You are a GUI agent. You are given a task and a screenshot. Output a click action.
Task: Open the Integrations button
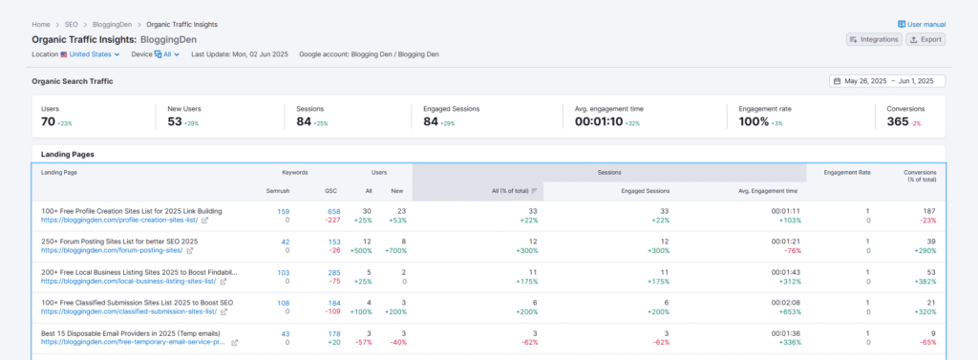click(873, 39)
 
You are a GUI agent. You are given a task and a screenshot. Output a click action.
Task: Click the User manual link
click(922, 24)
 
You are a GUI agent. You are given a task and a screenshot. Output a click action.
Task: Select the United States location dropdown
click(90, 54)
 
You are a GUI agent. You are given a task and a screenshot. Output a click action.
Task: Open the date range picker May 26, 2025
click(887, 81)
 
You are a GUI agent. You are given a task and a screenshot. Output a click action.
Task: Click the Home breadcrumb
click(40, 24)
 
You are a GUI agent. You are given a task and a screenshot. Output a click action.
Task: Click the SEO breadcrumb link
click(73, 24)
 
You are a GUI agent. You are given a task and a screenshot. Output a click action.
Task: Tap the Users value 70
click(48, 121)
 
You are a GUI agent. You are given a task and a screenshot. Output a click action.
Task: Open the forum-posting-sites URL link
click(112, 251)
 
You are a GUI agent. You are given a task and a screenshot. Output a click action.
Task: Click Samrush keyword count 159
click(283, 211)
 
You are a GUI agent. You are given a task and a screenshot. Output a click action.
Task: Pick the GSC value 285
click(333, 272)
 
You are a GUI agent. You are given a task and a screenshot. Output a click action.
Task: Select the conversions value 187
click(929, 211)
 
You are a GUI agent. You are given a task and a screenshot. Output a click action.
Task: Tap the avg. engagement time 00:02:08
click(785, 303)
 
